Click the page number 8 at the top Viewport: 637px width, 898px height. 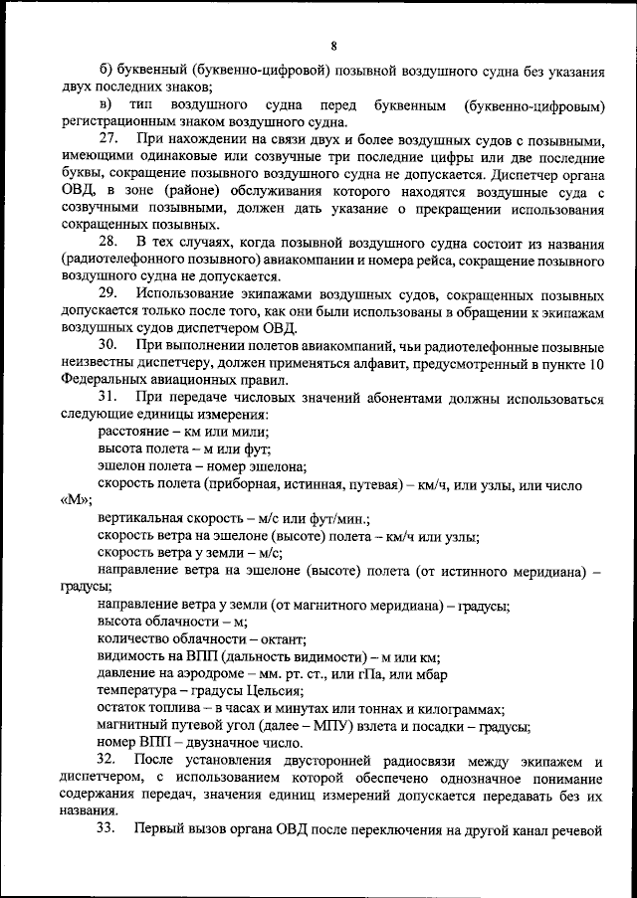click(x=334, y=44)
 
